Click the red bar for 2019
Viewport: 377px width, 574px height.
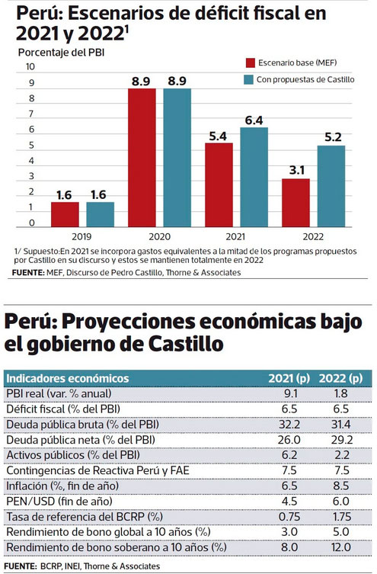[65, 214]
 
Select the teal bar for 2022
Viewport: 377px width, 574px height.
[331, 186]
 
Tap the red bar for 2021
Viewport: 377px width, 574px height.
[219, 185]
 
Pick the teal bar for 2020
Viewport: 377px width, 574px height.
[177, 158]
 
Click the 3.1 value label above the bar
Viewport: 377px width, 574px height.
[296, 170]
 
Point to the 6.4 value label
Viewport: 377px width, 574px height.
[254, 120]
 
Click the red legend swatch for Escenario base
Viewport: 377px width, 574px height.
[250, 63]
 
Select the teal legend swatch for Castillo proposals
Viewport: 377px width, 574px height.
[248, 80]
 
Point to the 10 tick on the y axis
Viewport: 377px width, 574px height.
[30, 66]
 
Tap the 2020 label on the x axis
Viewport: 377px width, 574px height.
[159, 236]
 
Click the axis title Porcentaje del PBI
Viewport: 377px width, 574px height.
[61, 53]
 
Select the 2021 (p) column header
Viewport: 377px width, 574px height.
[289, 378]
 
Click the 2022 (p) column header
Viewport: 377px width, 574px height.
[340, 378]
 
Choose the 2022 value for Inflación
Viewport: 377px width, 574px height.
[341, 486]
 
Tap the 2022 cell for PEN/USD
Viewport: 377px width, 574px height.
[341, 501]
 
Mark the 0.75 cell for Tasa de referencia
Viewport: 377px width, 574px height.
[289, 517]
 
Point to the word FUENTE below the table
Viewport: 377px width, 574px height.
[20, 566]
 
